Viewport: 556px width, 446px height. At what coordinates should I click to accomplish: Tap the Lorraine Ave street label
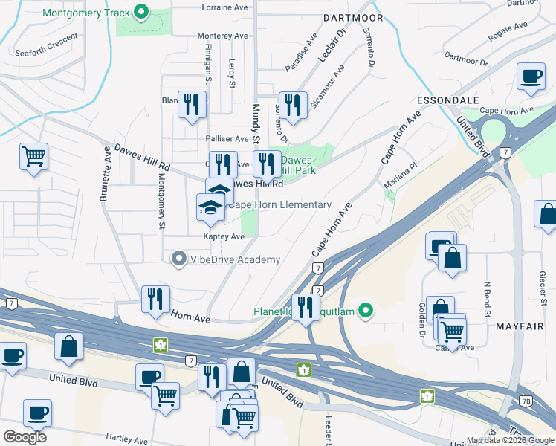click(x=224, y=7)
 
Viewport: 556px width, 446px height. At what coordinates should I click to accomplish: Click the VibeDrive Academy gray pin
click(x=178, y=259)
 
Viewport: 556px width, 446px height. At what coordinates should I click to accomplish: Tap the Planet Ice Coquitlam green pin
click(x=365, y=311)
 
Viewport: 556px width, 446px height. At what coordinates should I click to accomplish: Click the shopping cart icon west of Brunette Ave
click(x=33, y=157)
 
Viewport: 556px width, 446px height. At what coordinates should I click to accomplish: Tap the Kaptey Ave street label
click(x=224, y=236)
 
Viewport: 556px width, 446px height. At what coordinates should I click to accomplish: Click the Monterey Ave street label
click(x=222, y=36)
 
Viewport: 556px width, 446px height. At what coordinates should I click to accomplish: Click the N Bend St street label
click(x=488, y=298)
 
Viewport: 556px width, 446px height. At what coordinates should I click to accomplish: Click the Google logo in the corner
click(x=25, y=437)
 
